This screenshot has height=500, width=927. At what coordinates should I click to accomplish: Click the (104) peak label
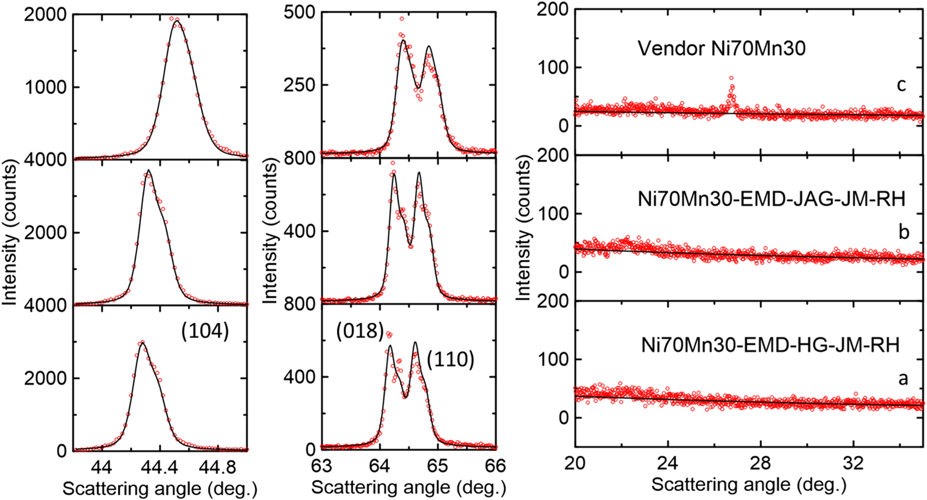click(205, 331)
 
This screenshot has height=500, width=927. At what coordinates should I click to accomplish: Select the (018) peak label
click(360, 331)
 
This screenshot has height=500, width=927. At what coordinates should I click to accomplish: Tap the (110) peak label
click(450, 359)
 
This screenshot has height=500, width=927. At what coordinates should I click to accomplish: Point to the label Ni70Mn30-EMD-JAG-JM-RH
click(771, 199)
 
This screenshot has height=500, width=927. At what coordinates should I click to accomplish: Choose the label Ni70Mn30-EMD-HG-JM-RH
click(770, 345)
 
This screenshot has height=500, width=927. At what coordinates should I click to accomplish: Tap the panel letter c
click(901, 85)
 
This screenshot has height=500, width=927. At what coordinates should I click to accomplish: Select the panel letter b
click(904, 232)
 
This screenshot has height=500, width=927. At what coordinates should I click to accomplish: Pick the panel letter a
click(903, 378)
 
